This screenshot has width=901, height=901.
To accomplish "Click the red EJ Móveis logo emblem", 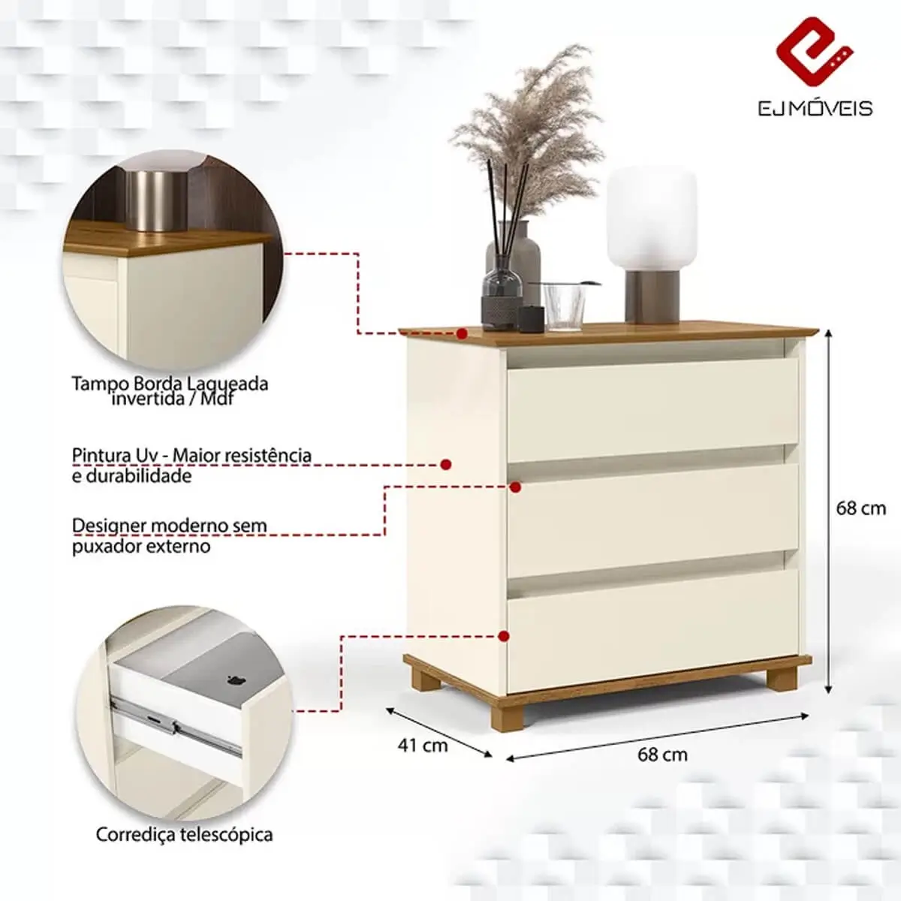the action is tap(815, 52).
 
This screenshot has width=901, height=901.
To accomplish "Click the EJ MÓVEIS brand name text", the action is tap(815, 109).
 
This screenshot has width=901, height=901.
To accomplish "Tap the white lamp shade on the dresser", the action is tap(651, 218).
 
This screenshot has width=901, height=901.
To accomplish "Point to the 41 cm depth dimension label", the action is tap(423, 746).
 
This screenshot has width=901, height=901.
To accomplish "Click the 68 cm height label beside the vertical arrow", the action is tap(860, 508).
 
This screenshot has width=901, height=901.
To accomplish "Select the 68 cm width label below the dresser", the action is tap(662, 768).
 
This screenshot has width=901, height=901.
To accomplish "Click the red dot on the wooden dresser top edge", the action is tap(462, 333).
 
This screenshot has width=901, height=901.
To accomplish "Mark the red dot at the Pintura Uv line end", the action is tap(446, 464).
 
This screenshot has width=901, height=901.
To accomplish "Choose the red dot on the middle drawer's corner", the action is tap(515, 487).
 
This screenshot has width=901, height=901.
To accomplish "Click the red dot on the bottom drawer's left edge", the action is tap(504, 636).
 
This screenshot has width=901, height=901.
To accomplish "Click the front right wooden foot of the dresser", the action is tap(782, 679).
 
